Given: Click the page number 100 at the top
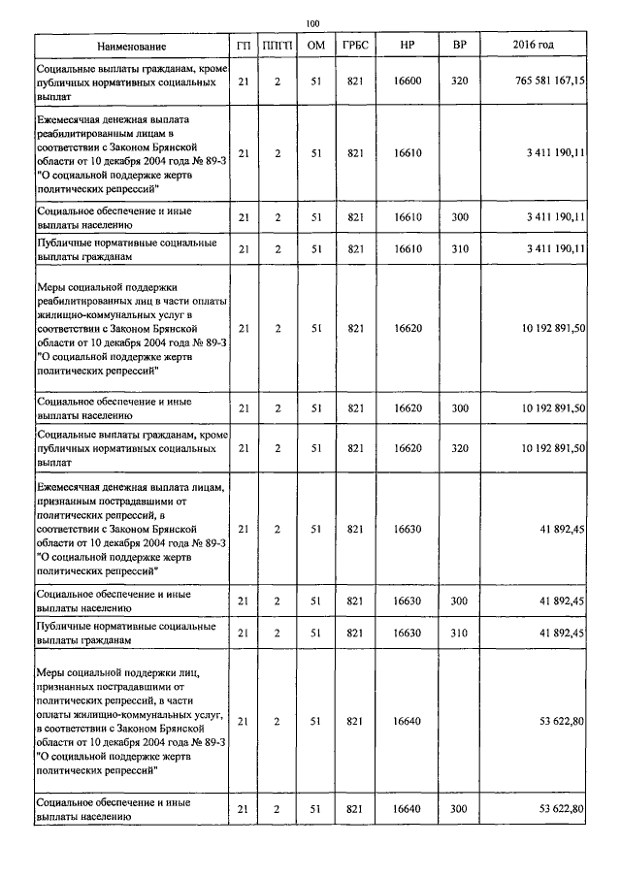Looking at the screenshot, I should pos(311,24).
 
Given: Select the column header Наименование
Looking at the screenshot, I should pos(132,47).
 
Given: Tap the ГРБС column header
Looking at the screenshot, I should pos(354,47).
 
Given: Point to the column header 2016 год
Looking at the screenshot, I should pos(533,47).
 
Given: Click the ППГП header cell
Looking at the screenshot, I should pos(278,47).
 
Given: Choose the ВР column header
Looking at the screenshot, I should pos(460,47).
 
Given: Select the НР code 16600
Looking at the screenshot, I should pos(408,82).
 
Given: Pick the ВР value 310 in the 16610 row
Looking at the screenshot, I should pos(460,249).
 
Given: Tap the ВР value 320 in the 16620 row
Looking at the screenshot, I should pos(460,447).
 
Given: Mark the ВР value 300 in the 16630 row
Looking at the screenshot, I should pos(460,602).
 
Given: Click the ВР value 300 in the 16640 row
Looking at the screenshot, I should pos(460,809).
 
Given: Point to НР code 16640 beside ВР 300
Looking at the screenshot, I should pos(408,809).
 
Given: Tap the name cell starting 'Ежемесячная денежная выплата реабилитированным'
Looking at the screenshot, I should pos(132,153).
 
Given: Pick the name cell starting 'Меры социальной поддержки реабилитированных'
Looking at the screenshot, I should pos(132,329).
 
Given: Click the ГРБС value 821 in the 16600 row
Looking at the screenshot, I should pos(354,82).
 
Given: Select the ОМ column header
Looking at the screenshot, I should pos(315,47).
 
